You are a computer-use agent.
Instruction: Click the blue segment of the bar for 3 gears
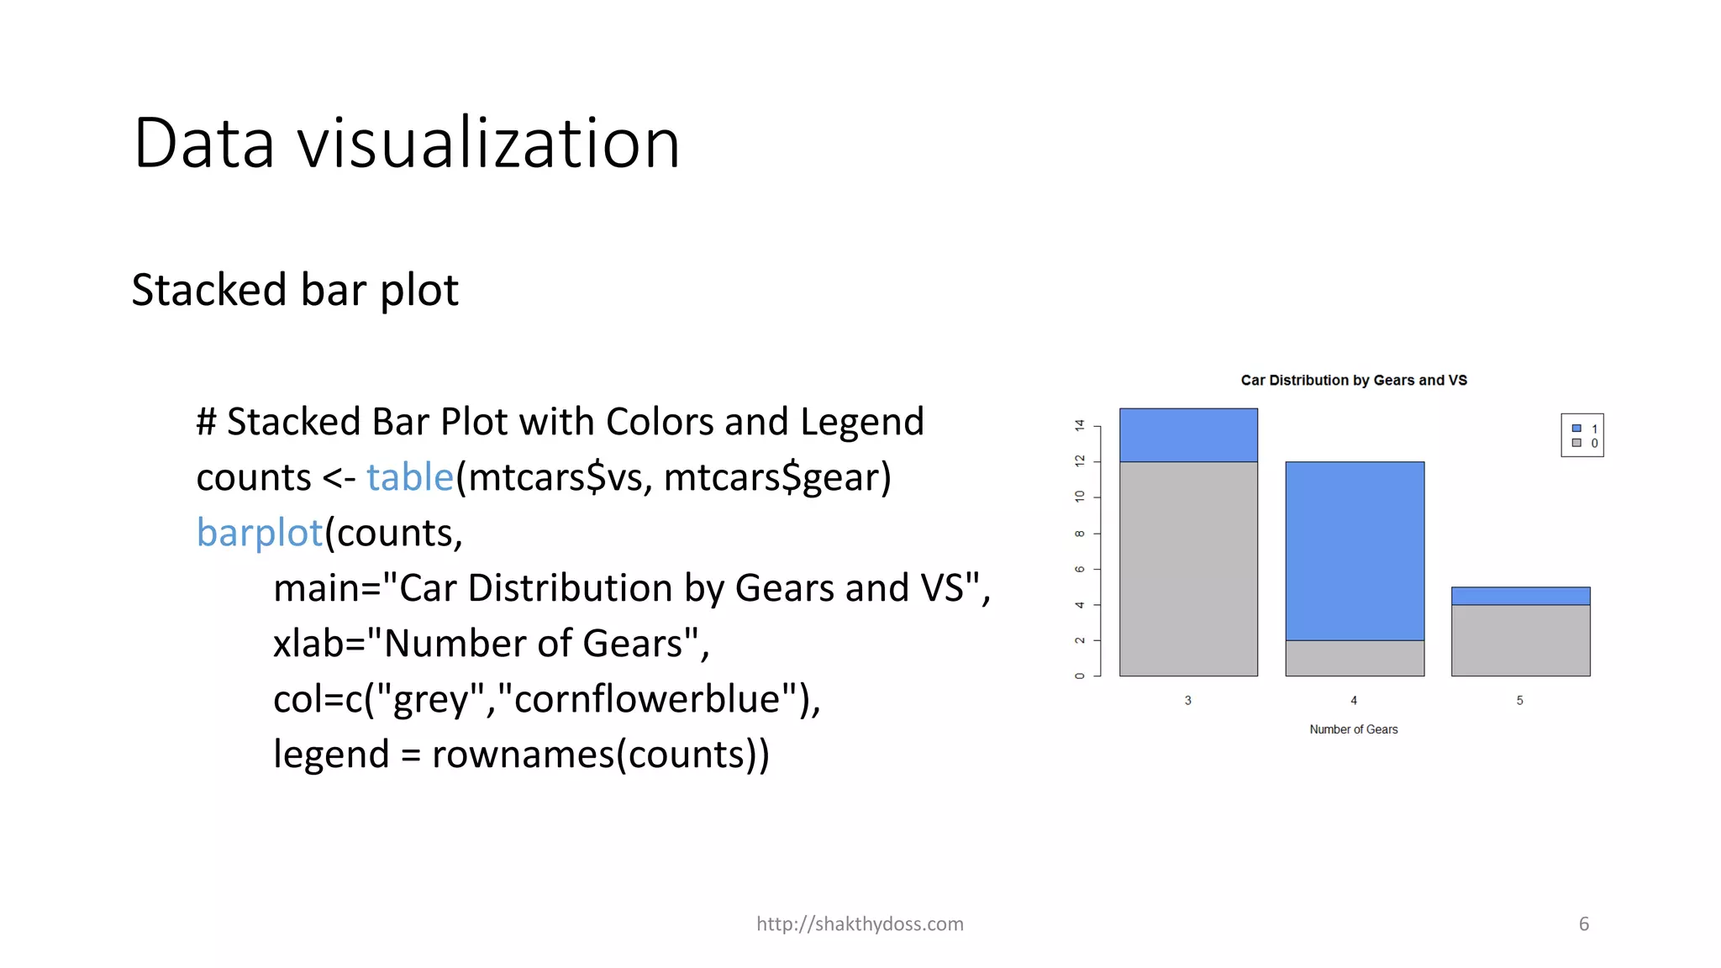(1188, 435)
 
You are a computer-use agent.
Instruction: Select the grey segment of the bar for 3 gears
(1188, 569)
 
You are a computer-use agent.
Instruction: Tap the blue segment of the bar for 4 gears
(1355, 551)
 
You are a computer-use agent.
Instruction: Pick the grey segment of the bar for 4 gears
(1355, 658)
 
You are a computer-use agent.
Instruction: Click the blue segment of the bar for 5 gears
(1520, 596)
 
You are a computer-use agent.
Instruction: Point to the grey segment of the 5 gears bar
(1520, 640)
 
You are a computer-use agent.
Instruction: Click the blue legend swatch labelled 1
(1576, 429)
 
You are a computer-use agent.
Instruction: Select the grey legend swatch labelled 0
(1576, 443)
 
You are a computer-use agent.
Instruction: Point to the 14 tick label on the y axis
(1080, 426)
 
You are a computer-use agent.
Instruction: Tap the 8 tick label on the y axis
(1080, 534)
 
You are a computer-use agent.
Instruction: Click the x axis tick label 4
(1354, 700)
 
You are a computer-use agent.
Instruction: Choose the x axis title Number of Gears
(1353, 729)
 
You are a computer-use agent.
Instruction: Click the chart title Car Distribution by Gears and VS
(1354, 381)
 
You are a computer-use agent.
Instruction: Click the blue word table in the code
(410, 477)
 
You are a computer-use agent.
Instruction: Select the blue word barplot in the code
(260, 533)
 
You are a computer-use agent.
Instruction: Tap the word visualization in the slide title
(488, 144)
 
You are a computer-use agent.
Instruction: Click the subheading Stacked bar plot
(295, 290)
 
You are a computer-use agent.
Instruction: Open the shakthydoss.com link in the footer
(860, 923)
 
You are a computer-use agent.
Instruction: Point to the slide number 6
(1584, 923)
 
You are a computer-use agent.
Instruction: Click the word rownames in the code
(523, 755)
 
